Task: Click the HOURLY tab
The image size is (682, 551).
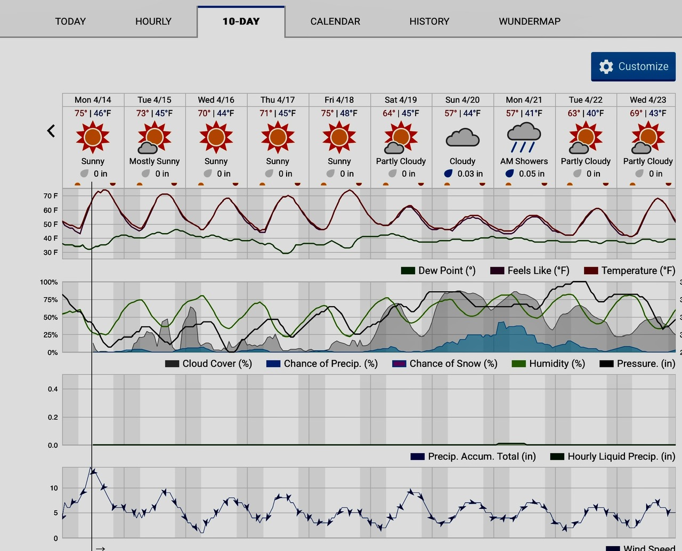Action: click(x=153, y=21)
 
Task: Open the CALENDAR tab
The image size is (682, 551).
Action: click(x=335, y=21)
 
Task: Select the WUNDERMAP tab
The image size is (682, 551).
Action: click(x=529, y=21)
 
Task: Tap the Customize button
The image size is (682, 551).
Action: click(x=633, y=67)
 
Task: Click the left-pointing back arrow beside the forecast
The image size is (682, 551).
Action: click(x=51, y=130)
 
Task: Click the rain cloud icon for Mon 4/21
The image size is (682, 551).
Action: click(x=524, y=137)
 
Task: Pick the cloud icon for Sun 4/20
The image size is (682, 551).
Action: click(x=462, y=137)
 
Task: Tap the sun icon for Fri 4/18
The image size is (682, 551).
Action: click(x=339, y=137)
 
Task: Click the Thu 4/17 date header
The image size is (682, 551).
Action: click(x=278, y=100)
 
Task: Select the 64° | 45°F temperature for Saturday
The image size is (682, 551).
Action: click(x=401, y=113)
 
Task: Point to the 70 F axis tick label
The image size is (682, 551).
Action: click(x=51, y=196)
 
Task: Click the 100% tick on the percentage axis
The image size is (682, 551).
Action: click(x=49, y=282)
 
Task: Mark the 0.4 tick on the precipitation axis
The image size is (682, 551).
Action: click(x=53, y=389)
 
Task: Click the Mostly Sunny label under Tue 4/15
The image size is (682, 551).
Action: click(x=155, y=161)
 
